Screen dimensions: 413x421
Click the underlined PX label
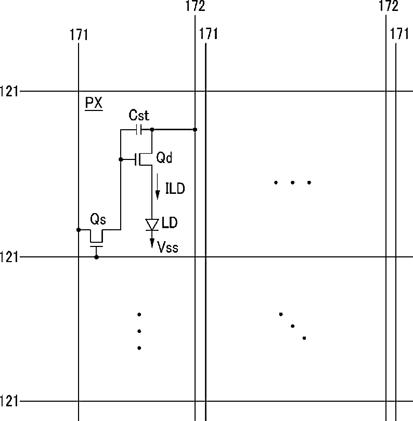94,103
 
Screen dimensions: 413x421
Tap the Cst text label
139,115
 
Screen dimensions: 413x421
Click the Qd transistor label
164,158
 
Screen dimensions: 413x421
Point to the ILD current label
175,188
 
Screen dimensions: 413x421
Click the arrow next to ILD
158,190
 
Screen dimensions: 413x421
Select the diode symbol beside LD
152,225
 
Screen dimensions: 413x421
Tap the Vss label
167,247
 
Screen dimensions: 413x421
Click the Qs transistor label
98,219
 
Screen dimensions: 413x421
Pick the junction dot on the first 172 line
195,129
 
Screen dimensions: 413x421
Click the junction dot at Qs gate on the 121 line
96,257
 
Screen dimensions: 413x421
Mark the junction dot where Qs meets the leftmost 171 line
78,229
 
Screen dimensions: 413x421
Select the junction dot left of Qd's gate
120,159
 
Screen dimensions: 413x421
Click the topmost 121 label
9,91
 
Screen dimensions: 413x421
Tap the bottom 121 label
9,401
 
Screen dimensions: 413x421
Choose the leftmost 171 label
79,35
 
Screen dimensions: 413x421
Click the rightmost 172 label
389,7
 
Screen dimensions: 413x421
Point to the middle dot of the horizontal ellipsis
292,182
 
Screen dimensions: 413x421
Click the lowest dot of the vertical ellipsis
139,348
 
